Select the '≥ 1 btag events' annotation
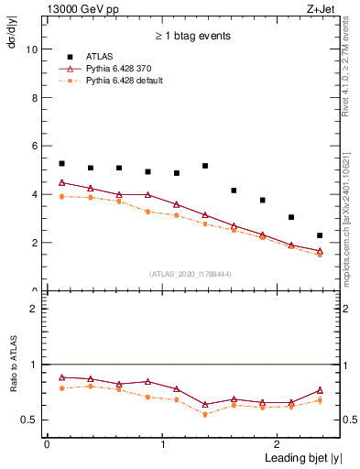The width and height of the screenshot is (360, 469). click(191, 36)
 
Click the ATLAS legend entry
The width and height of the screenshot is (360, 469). click(100, 56)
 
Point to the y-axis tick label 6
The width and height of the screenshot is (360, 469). click(34, 147)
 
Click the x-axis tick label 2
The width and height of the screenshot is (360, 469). click(278, 443)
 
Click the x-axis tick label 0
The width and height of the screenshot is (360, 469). click(46, 443)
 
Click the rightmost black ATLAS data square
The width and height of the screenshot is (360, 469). click(320, 235)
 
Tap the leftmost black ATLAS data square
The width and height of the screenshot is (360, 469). click(61, 164)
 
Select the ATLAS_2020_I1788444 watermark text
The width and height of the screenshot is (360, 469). click(191, 274)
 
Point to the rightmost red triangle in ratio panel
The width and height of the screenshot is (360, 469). click(320, 390)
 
